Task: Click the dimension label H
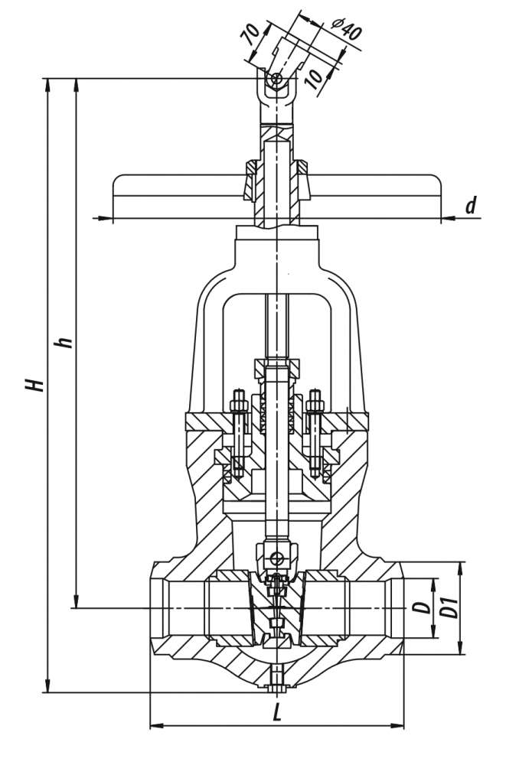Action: click(x=35, y=384)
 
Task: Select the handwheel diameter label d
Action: click(x=471, y=205)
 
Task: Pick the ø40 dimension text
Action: click(x=346, y=29)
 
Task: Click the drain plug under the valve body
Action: click(x=277, y=679)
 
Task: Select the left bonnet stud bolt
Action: click(x=238, y=432)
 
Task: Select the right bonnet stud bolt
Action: click(x=315, y=432)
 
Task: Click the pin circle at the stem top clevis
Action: click(x=277, y=79)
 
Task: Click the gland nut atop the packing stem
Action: click(x=277, y=367)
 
